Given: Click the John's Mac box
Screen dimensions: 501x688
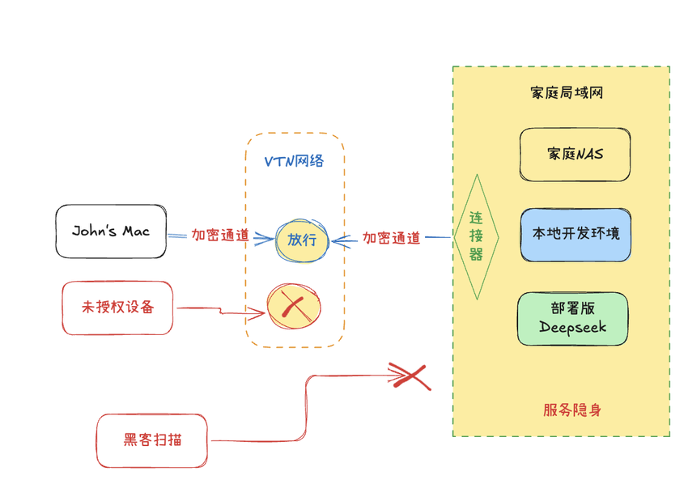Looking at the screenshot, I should point(111,231).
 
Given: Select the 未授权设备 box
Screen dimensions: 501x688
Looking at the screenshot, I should point(117,308).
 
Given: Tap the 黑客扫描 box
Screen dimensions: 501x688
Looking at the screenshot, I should point(152,440).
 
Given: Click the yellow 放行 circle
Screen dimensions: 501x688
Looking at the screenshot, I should point(302,240).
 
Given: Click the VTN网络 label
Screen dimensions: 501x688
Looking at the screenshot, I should point(295,161).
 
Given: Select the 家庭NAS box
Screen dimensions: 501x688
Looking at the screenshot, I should point(575,154).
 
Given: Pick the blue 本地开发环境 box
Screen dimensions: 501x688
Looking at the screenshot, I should point(575,235).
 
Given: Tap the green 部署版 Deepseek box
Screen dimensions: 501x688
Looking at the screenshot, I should point(573,318).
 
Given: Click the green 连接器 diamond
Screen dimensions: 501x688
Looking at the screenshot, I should point(476,236).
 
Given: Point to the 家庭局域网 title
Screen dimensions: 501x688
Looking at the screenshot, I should point(567,93).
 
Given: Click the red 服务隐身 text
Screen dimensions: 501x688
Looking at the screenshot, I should point(572,410).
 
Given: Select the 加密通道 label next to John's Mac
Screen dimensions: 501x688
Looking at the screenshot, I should point(219,236).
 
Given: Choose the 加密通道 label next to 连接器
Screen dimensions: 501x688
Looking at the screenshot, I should point(391,238).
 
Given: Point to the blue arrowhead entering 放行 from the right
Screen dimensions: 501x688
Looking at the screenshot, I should point(341,239).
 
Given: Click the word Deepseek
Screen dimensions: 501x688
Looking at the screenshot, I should point(572,328).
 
